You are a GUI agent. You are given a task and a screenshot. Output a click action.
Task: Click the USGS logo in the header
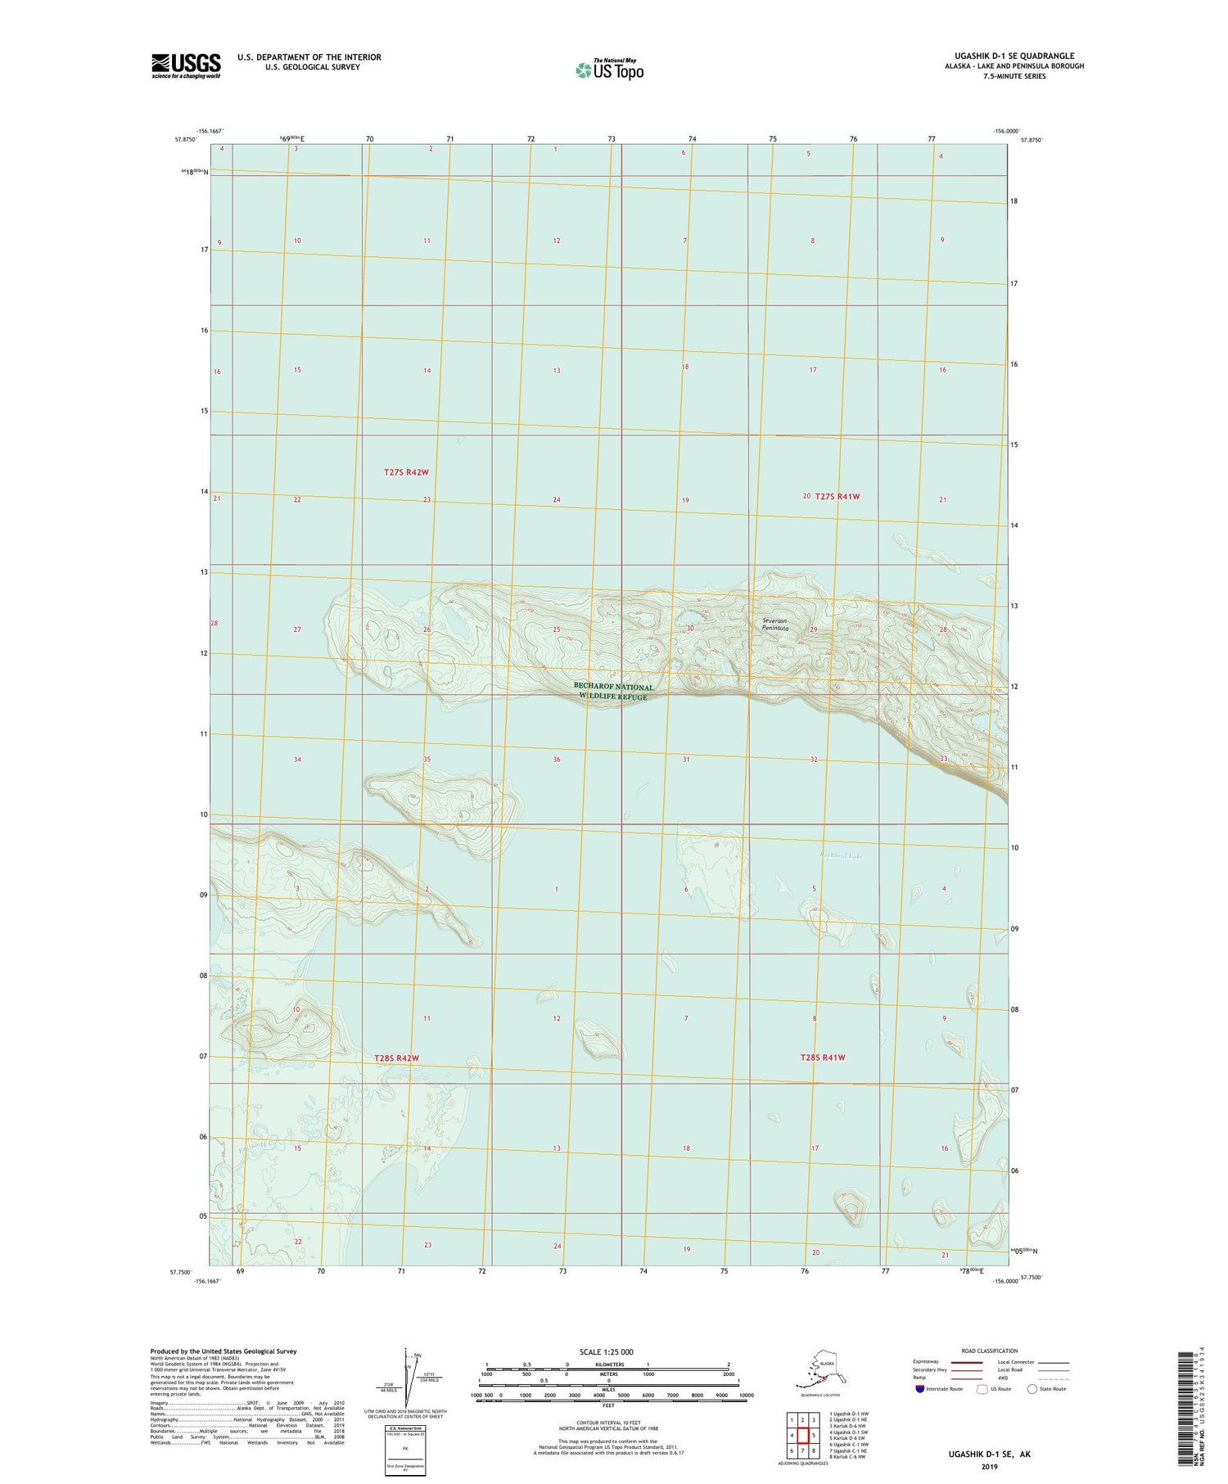[186, 65]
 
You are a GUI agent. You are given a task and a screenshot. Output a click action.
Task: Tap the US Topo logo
[609, 70]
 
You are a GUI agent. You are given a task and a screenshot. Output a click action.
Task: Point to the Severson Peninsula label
[774, 625]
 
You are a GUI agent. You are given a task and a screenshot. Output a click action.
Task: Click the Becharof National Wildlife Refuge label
[613, 692]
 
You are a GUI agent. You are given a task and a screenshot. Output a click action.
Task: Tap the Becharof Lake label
[841, 856]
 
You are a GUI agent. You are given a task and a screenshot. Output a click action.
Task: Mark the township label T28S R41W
[823, 1058]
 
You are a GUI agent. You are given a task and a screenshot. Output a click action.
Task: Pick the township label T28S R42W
[396, 1058]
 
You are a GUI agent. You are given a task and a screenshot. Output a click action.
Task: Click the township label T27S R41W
[837, 496]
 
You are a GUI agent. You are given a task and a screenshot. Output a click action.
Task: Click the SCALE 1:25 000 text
[607, 1351]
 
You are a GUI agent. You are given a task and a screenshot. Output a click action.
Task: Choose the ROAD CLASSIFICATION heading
[989, 1351]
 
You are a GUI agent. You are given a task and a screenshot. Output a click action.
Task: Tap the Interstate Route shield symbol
[921, 1389]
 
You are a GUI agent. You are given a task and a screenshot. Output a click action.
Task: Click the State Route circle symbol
[1032, 1389]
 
